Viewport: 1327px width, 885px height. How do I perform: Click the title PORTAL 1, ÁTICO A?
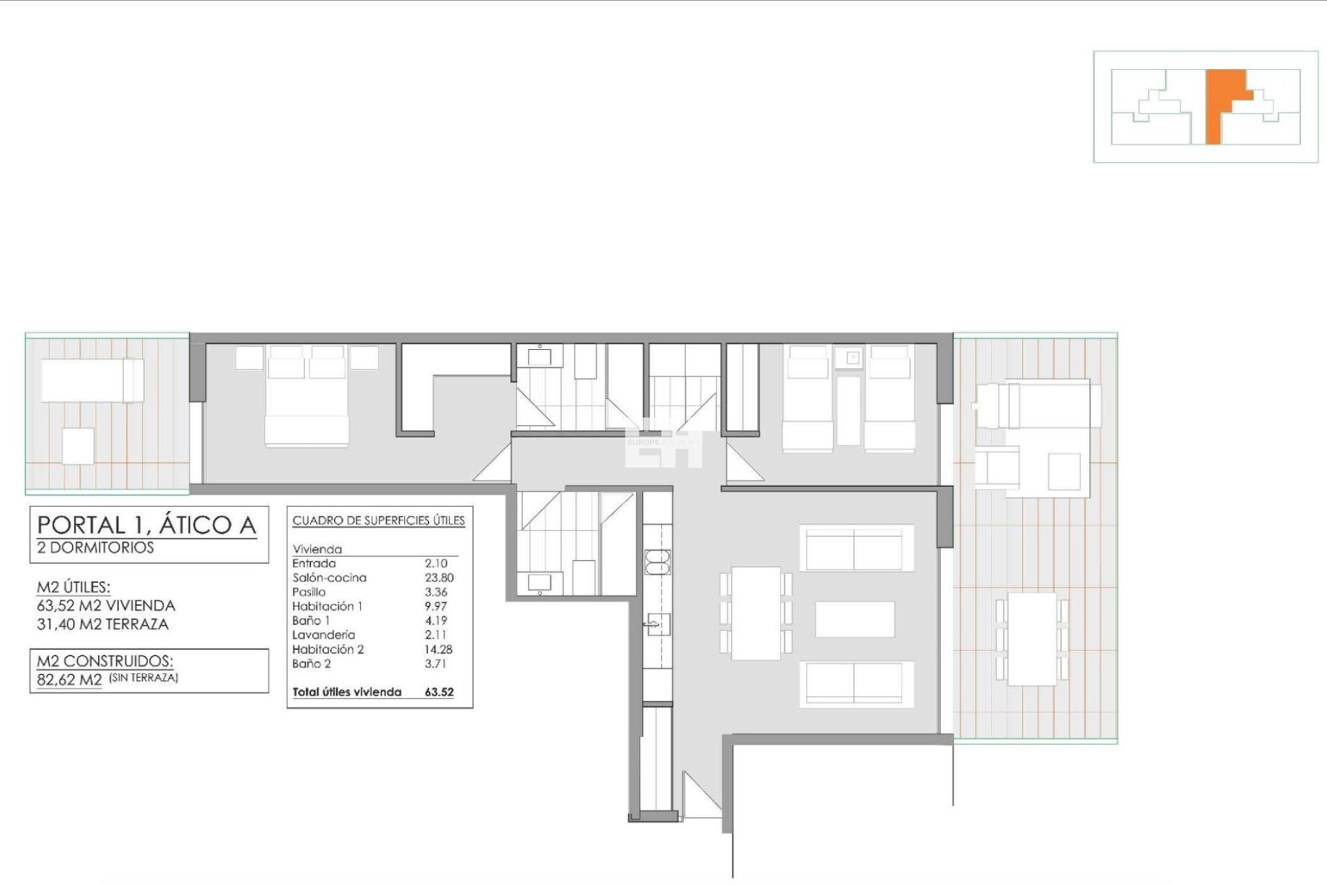(x=147, y=525)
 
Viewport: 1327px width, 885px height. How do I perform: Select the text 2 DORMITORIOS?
(x=95, y=548)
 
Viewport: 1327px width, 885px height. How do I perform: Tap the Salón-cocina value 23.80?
(x=439, y=577)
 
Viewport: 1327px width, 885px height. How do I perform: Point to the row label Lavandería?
(x=323, y=635)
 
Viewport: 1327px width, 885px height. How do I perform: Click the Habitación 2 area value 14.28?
(x=438, y=649)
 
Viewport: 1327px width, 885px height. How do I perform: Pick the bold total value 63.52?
(x=439, y=691)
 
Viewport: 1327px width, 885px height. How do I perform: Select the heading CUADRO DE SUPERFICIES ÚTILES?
(x=379, y=521)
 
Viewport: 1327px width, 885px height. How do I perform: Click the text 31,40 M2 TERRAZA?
(x=103, y=624)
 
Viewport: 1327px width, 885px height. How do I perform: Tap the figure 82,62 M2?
(x=70, y=680)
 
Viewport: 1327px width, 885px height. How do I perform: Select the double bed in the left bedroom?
(x=307, y=395)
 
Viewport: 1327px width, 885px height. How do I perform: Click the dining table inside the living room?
(x=757, y=613)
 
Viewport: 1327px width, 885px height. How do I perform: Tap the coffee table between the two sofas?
(x=855, y=619)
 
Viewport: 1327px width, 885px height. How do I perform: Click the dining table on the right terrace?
(x=1033, y=638)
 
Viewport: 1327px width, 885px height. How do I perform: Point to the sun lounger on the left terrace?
(x=92, y=380)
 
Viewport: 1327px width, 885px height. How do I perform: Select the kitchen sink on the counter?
(x=654, y=624)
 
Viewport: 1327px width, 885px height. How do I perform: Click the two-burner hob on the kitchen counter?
(x=654, y=561)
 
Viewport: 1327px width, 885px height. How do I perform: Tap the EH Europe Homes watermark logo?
(x=663, y=442)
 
